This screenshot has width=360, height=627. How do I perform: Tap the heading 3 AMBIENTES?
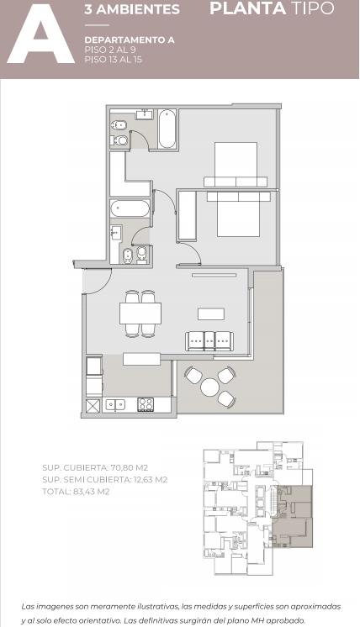[x=132, y=9]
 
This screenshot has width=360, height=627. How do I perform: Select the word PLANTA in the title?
[x=247, y=8]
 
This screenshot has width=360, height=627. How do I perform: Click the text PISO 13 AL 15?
[x=114, y=60]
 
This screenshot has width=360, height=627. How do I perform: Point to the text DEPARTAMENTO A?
[x=130, y=40]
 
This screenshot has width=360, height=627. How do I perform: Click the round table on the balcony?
[x=210, y=387]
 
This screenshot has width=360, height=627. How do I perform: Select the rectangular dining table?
[x=140, y=313]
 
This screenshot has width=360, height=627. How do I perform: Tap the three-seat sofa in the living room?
[x=209, y=341]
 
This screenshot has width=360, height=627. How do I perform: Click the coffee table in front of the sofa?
[x=211, y=313]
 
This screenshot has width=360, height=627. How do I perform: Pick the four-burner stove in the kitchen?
[x=146, y=404]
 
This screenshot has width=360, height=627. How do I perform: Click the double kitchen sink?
[x=115, y=405]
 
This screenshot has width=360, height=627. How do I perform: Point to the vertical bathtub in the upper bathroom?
[x=167, y=129]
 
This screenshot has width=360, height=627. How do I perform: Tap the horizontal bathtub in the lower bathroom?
[x=130, y=208]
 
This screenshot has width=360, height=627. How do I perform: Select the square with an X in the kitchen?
[x=93, y=405]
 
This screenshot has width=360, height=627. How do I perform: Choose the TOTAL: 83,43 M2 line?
[x=76, y=492]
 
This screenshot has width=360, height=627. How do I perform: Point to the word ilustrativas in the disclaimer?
[x=157, y=607]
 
